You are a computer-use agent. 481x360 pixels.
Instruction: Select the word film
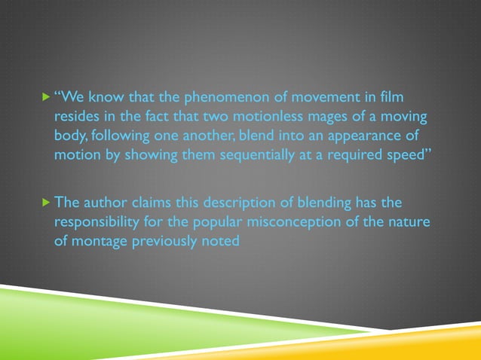[x=391, y=97]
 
